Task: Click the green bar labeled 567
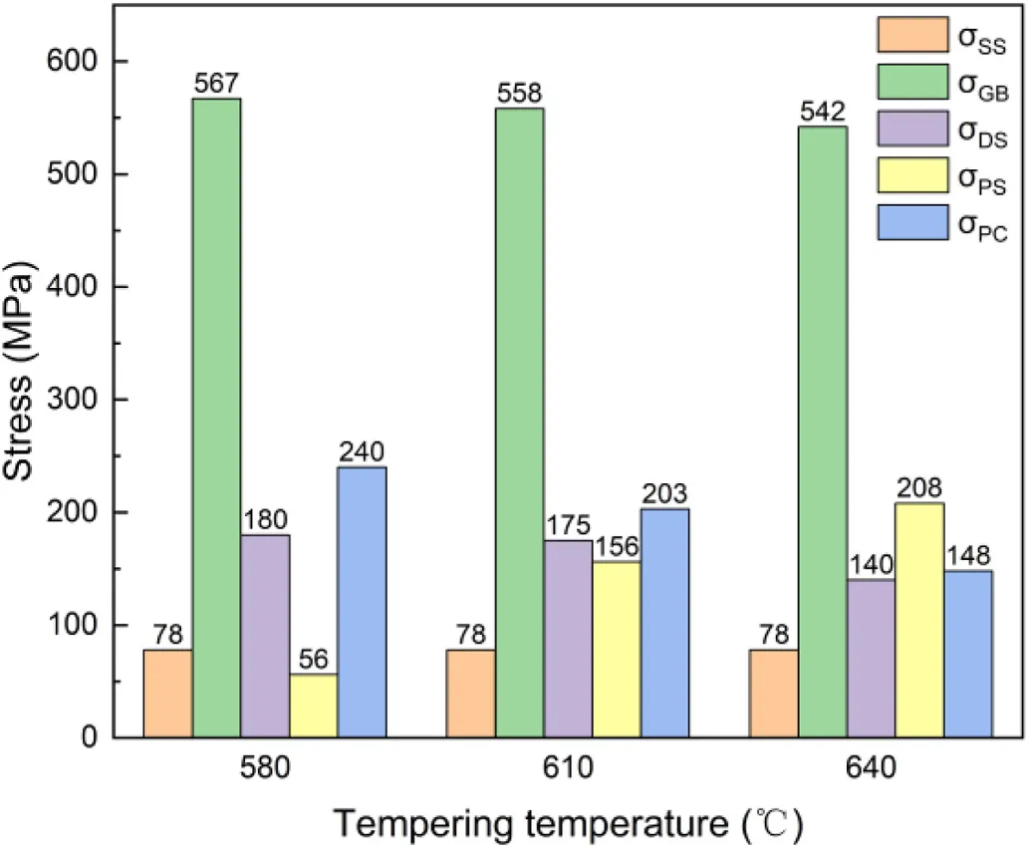216,418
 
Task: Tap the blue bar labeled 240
362,602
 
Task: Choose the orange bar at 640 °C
773,694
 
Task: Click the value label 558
519,94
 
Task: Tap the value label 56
313,661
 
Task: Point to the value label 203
664,494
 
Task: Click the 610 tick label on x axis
568,769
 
